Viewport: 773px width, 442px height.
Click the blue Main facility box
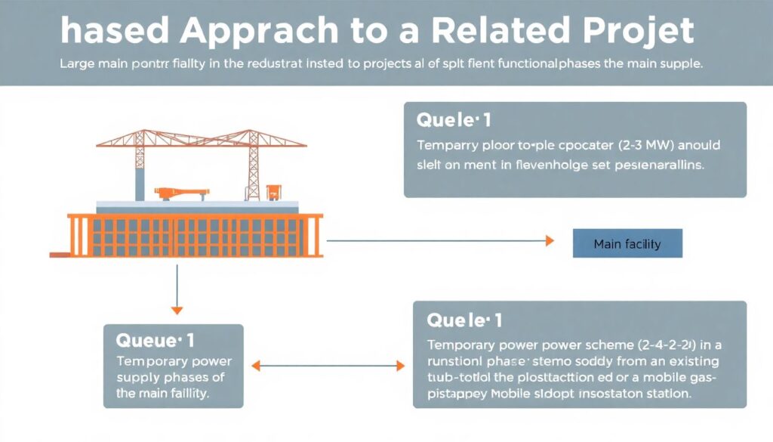point(627,243)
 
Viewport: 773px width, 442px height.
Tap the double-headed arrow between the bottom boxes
point(328,366)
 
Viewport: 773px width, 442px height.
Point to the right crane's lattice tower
point(254,163)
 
